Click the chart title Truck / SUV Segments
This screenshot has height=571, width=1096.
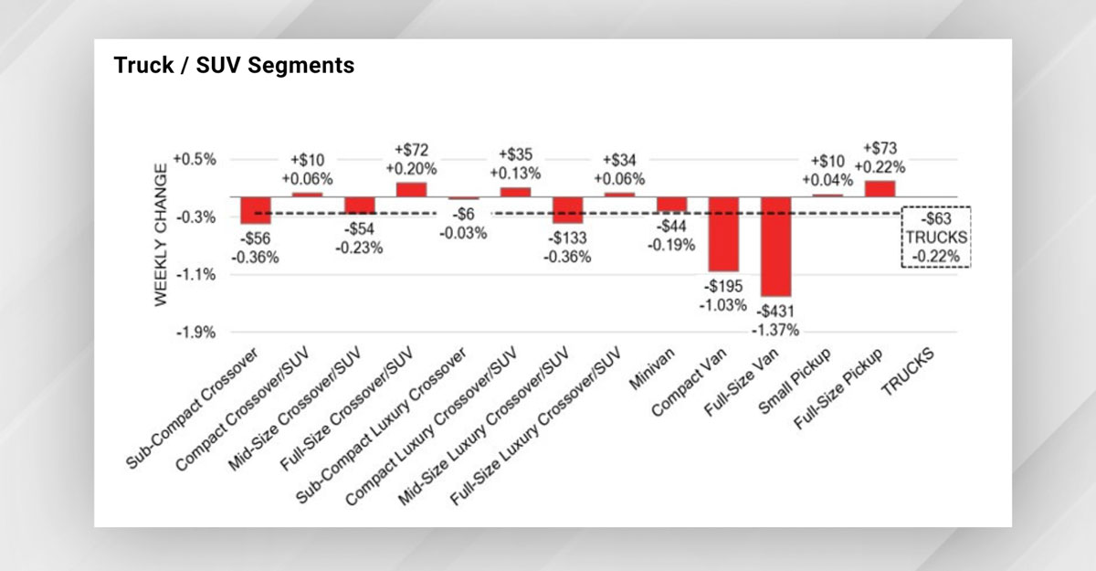click(x=234, y=67)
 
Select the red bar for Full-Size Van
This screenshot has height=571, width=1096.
click(x=775, y=246)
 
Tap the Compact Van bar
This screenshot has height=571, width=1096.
click(x=723, y=234)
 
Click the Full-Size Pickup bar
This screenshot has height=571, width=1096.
click(x=880, y=188)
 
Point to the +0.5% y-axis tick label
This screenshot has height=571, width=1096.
click(x=194, y=159)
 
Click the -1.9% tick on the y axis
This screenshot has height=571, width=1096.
click(x=195, y=333)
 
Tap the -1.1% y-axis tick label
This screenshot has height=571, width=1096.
click(x=195, y=275)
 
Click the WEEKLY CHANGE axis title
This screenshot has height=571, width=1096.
click(x=162, y=235)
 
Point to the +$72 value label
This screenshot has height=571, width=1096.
click(x=411, y=150)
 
